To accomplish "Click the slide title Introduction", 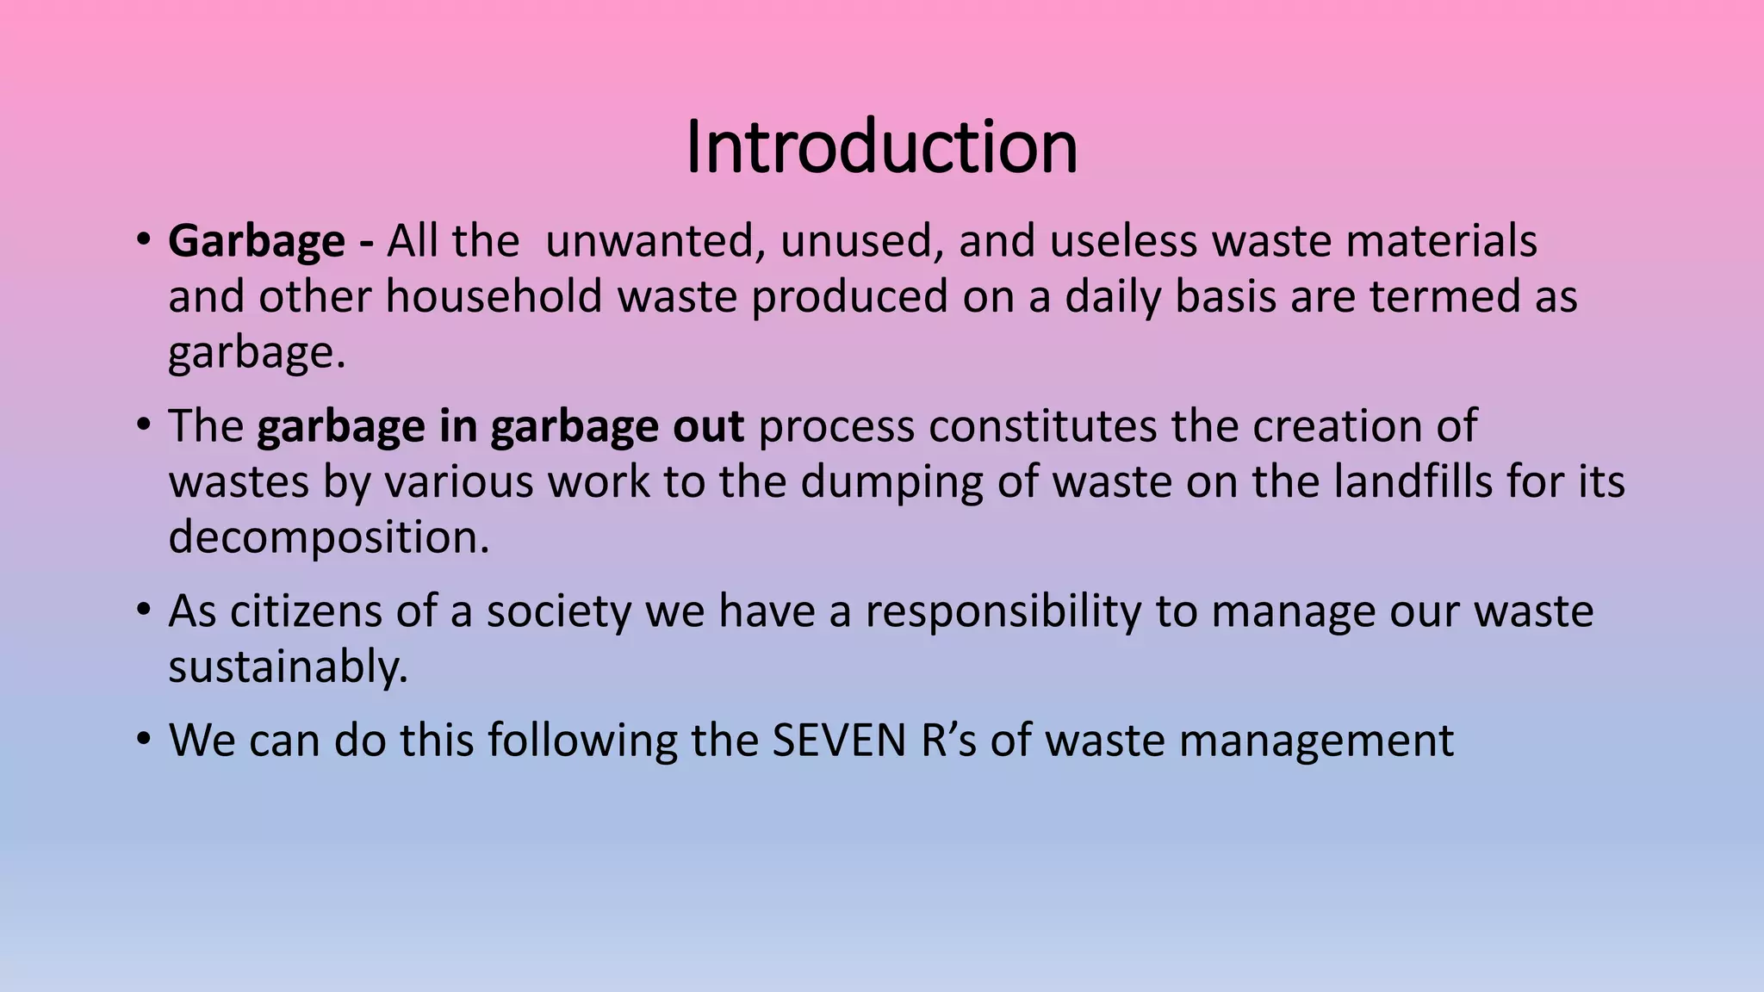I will coord(881,147).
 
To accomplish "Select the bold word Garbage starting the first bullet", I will coord(256,241).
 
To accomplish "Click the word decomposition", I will coord(328,538).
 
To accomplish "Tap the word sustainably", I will coord(288,668).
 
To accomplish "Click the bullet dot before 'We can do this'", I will coord(145,741).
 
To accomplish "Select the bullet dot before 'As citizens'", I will coord(145,611).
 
